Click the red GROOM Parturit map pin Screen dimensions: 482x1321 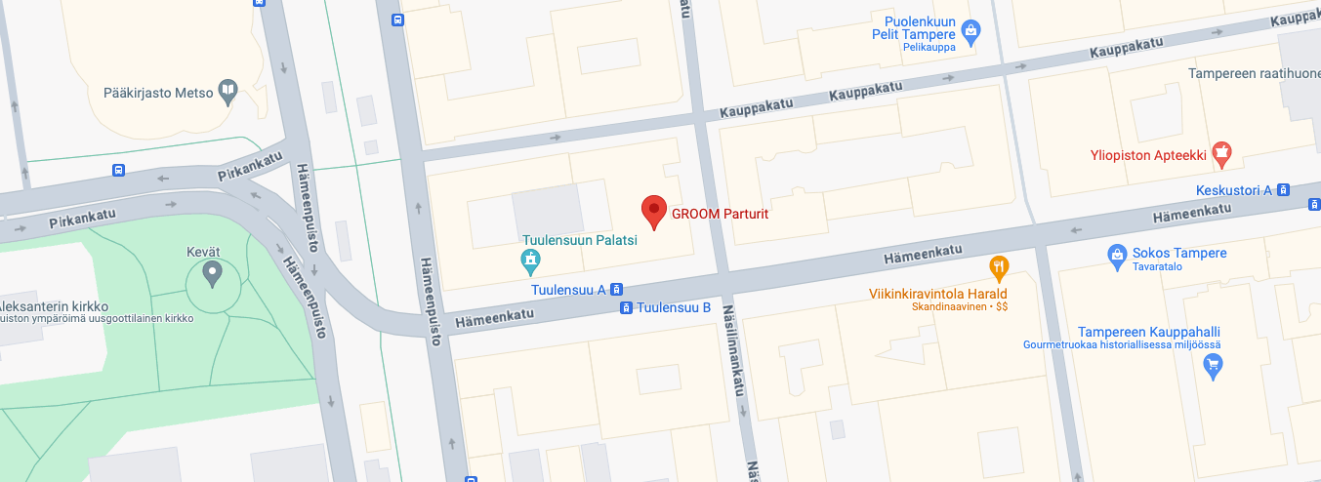point(653,210)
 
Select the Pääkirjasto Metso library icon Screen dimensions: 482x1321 point(227,92)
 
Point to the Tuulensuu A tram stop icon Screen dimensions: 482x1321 point(617,290)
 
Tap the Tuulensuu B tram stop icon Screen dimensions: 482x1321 point(626,308)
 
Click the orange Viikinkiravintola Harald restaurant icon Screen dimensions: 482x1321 point(998,265)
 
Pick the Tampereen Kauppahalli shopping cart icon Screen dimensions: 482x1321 point(1214,367)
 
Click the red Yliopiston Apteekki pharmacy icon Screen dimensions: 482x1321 point(1220,153)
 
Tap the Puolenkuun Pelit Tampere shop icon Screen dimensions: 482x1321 point(970,33)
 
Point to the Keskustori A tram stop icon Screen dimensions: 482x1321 point(1284,190)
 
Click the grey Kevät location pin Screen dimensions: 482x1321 point(213,273)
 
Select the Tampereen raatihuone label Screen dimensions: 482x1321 point(1254,74)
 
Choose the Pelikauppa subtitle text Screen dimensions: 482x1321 point(929,47)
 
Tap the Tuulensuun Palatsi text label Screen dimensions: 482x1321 point(580,240)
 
